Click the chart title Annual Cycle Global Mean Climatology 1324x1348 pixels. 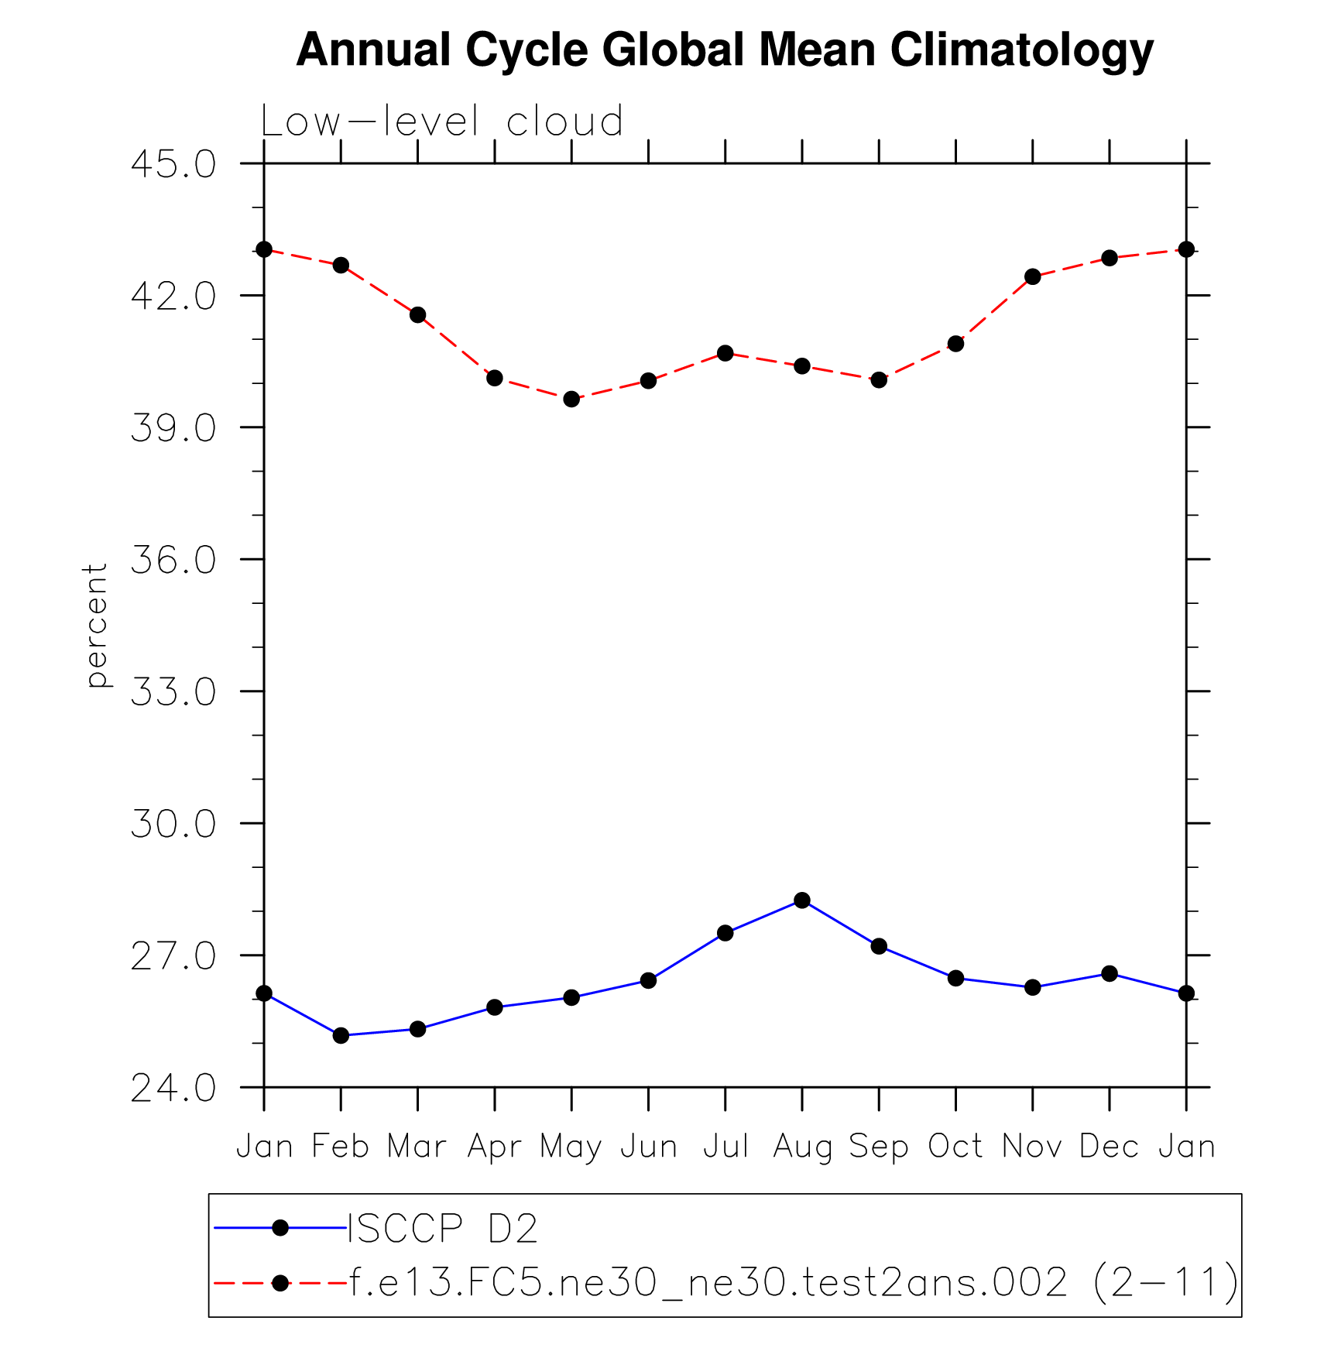point(724,50)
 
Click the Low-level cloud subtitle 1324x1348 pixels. point(441,122)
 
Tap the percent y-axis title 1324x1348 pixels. point(96,625)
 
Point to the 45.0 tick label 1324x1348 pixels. point(173,164)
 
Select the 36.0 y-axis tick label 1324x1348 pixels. point(173,560)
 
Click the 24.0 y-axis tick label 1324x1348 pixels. point(173,1088)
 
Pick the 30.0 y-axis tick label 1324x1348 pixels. point(173,824)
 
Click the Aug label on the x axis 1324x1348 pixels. point(802,1147)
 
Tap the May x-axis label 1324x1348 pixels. point(571,1147)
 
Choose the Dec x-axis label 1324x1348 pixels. point(1110,1147)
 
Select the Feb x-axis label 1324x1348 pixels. point(341,1147)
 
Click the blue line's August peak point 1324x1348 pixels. point(802,900)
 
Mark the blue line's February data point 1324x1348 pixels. point(341,1035)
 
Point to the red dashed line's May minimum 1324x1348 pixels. point(571,399)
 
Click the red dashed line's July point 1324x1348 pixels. point(725,353)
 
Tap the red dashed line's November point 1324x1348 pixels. point(1033,276)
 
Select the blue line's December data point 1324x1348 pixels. point(1110,973)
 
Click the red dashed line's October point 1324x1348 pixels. point(956,343)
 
